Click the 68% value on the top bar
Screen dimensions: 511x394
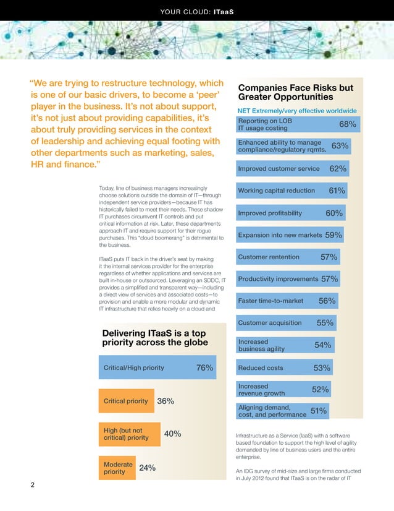click(348, 124)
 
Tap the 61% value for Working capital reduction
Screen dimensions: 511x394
click(337, 191)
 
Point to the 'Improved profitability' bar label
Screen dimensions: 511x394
click(270, 213)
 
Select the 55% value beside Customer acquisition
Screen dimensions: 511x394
click(325, 323)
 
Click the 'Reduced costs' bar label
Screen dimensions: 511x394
click(261, 368)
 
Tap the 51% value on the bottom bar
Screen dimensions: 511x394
click(319, 411)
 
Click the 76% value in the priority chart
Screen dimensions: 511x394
click(204, 368)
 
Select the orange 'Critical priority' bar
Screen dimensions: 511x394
click(126, 401)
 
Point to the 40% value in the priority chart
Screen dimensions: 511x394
click(172, 434)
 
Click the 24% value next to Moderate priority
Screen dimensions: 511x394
click(147, 468)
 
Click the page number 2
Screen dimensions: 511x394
click(33, 486)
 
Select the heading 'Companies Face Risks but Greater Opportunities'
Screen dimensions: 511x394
click(295, 92)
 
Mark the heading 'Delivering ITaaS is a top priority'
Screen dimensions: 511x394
click(155, 338)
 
